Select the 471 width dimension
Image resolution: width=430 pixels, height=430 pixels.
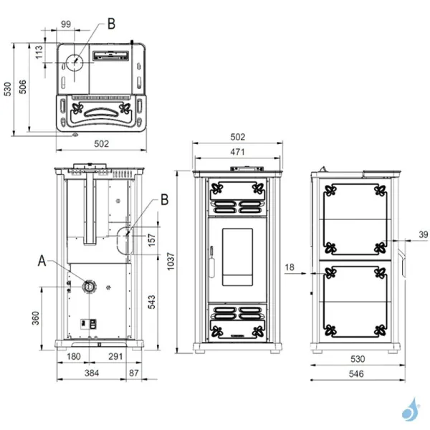tap(238, 152)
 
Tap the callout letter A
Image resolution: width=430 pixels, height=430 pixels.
tap(42, 262)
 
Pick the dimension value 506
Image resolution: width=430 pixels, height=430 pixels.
tap(24, 87)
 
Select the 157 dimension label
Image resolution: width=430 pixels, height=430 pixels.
tap(150, 239)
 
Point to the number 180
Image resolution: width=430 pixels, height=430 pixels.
tap(73, 356)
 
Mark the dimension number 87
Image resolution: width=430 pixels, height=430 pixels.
tap(135, 373)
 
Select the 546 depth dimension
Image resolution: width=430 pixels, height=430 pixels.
tap(356, 373)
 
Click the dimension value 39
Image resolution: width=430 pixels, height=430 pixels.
tap(422, 234)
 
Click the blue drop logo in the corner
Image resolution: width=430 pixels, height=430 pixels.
tap(412, 408)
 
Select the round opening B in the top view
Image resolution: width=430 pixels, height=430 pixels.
tap(74, 62)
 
